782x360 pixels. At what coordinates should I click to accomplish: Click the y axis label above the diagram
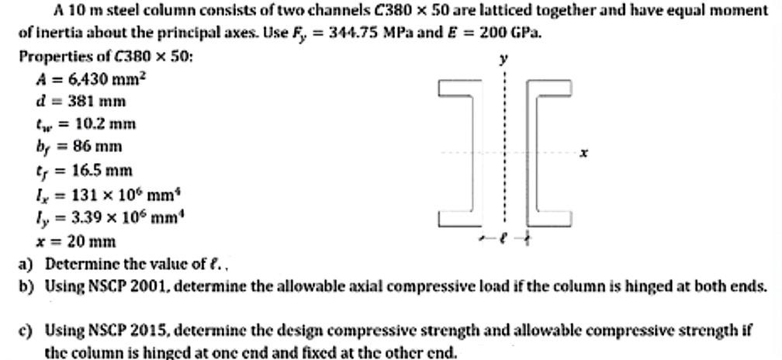click(x=505, y=60)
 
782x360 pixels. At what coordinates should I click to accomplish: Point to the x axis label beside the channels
click(x=584, y=154)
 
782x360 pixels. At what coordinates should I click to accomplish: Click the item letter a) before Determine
click(x=25, y=264)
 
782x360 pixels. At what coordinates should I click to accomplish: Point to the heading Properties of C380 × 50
click(x=106, y=57)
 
